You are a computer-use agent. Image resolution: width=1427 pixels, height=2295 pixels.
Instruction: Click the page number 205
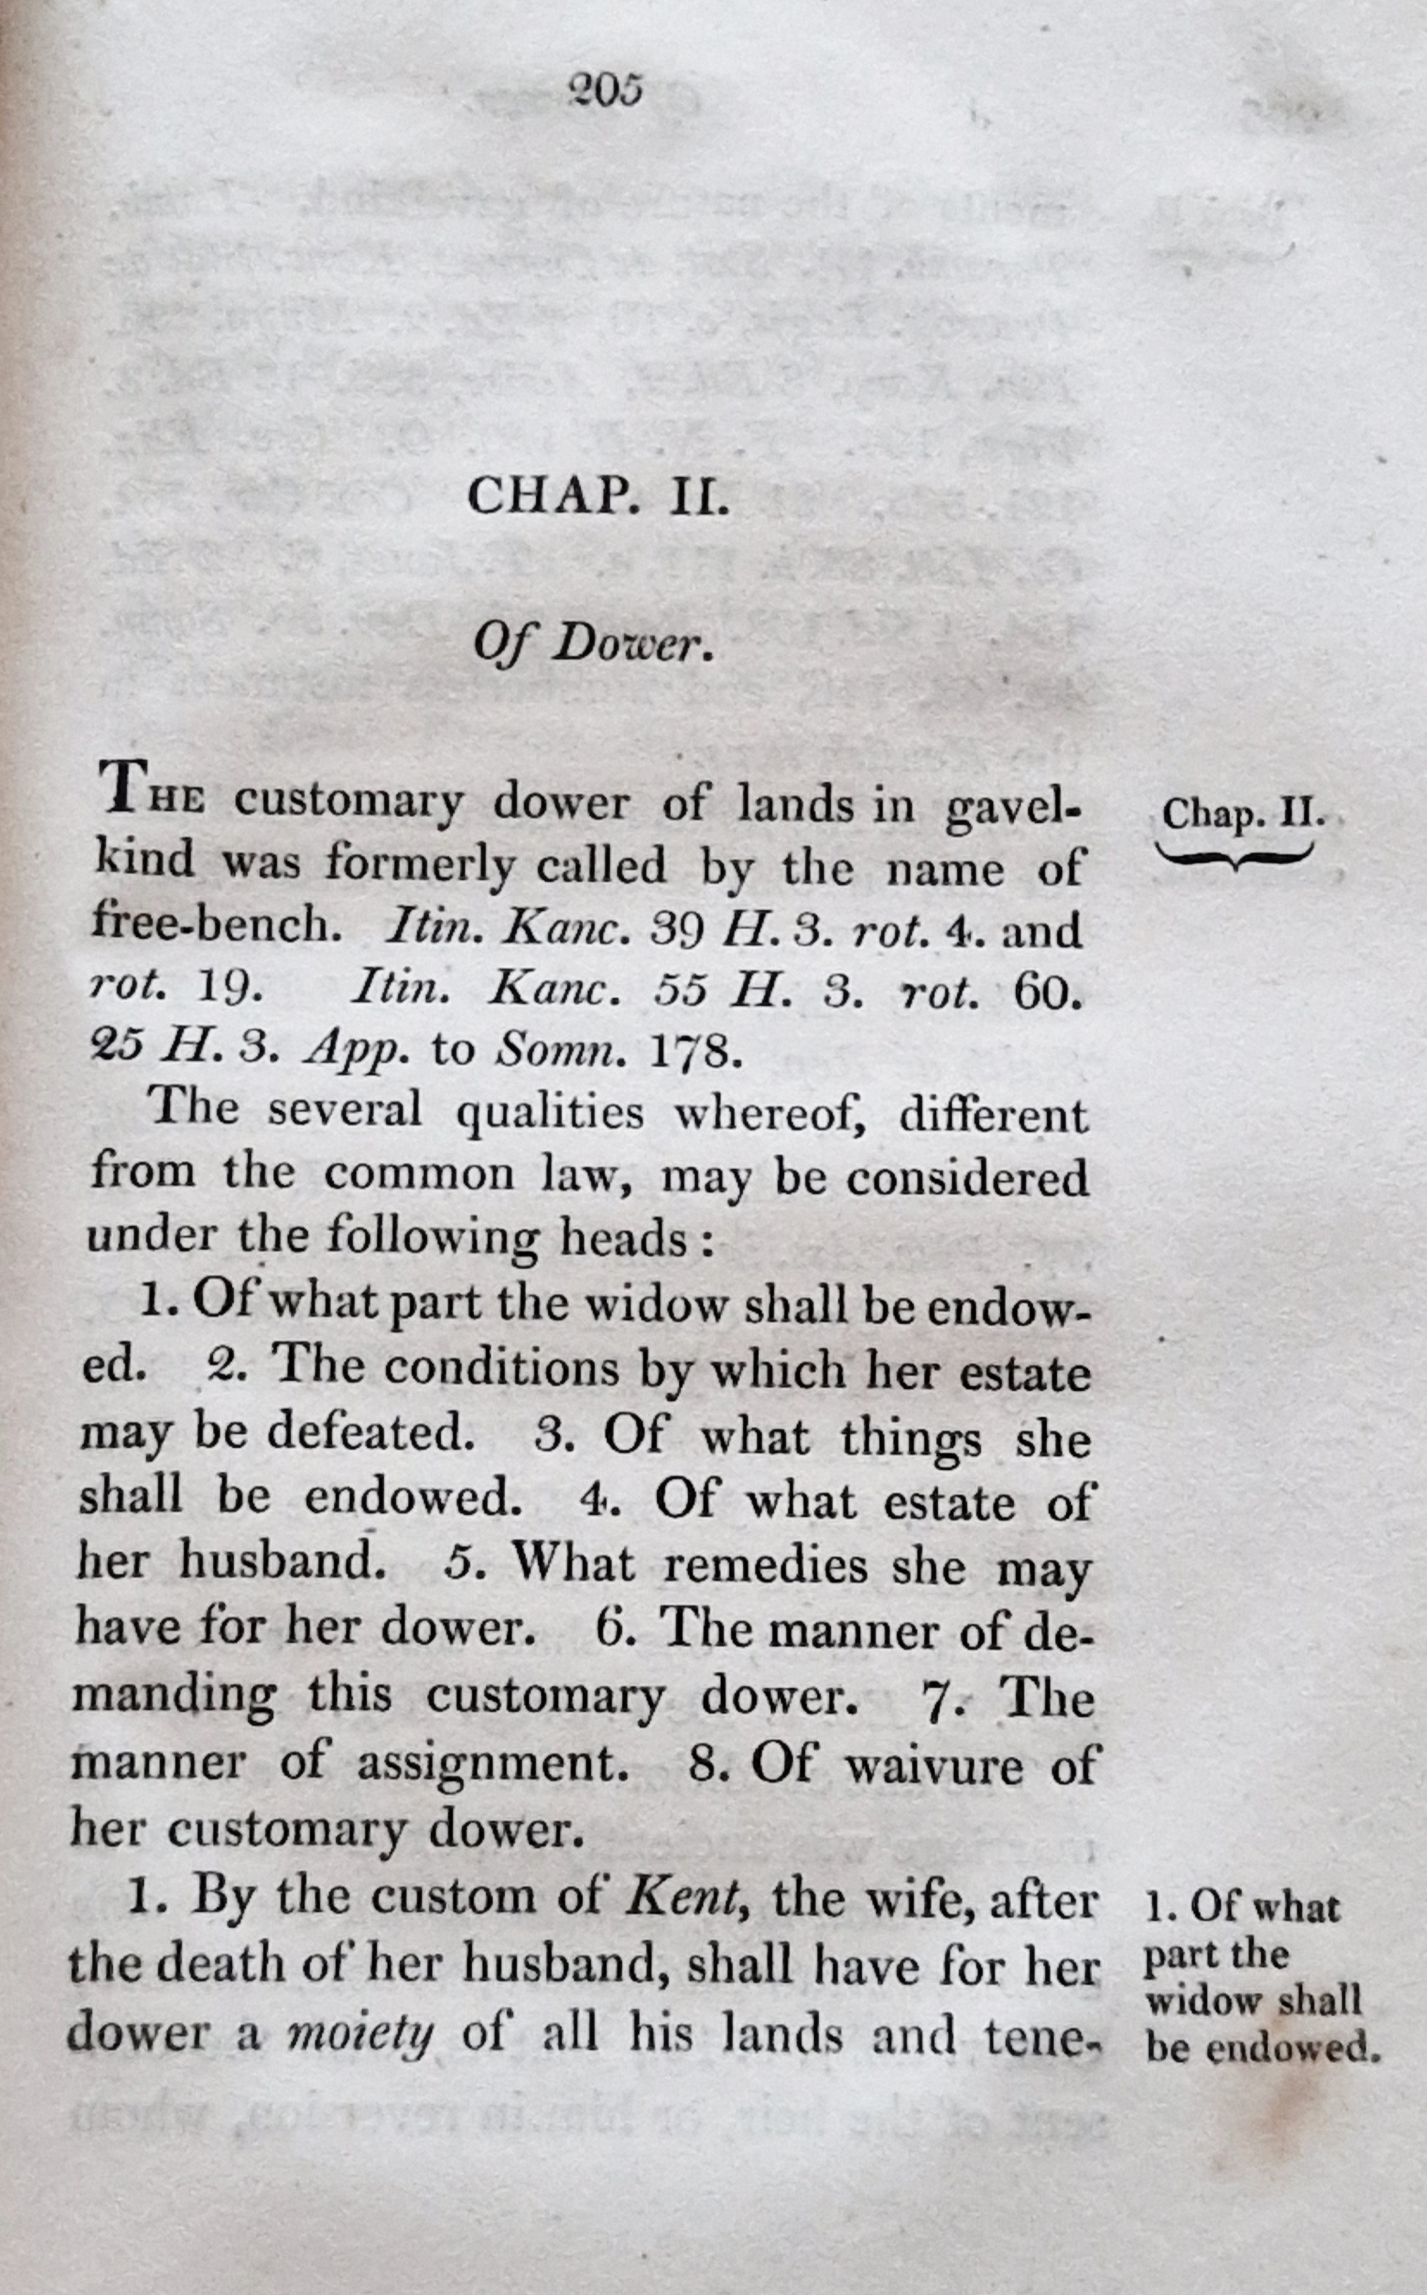click(605, 91)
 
